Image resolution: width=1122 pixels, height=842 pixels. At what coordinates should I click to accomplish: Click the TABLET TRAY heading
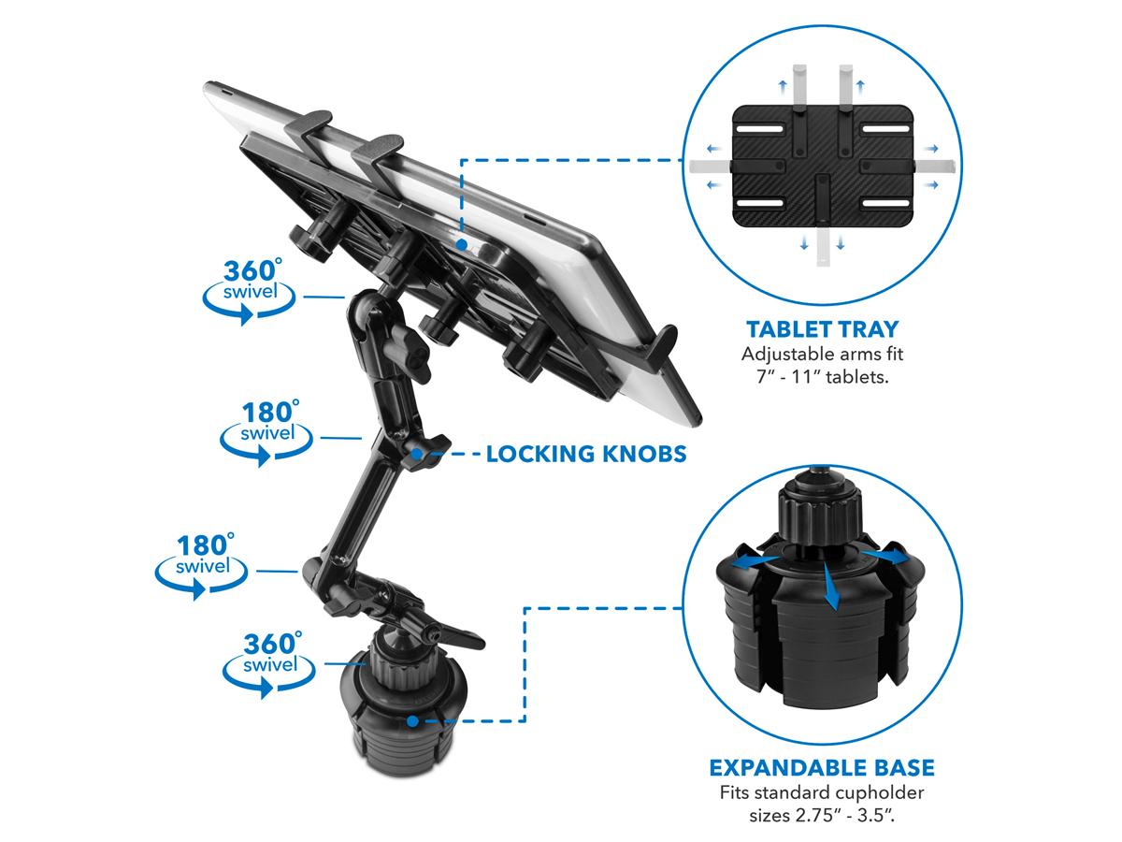822,329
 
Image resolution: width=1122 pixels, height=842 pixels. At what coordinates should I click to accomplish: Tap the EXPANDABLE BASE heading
822,768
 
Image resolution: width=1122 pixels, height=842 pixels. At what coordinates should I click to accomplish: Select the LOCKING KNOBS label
586,454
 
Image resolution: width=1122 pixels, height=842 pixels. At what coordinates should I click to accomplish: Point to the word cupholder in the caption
879,793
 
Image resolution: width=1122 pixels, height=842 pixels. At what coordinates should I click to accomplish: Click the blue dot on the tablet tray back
462,245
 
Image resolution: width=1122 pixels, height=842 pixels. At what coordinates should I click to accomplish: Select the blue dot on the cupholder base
412,721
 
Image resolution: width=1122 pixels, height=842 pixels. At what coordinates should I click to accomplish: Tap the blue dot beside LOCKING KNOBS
418,454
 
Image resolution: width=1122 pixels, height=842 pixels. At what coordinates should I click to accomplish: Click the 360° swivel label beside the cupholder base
269,663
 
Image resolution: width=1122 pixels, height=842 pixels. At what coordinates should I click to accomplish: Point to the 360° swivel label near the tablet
250,290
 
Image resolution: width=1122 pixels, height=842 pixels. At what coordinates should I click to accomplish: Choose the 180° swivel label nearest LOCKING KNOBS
266,432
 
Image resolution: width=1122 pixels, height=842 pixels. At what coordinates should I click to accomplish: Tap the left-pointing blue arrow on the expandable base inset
751,562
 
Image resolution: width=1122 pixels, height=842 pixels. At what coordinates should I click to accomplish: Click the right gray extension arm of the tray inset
931,167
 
